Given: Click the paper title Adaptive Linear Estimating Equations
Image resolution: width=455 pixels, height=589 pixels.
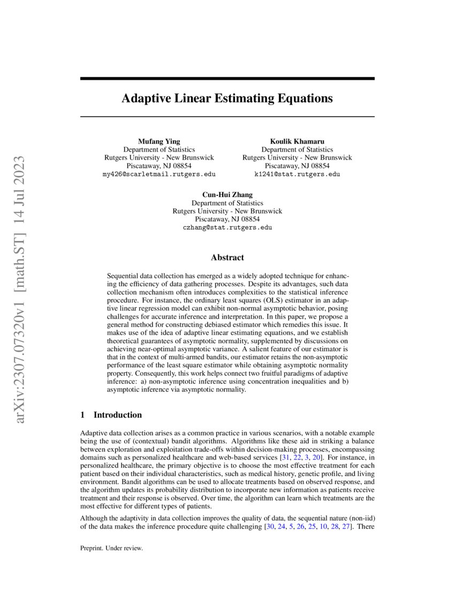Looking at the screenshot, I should [x=227, y=99].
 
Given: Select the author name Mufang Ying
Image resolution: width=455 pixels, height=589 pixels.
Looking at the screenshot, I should [x=159, y=141].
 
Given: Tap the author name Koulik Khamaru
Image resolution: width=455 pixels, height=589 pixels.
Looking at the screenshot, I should [x=297, y=141].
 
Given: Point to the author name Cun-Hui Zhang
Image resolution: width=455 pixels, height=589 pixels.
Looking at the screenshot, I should [x=227, y=194].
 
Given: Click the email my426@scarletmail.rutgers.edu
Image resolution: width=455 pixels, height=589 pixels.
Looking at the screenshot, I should [x=159, y=174].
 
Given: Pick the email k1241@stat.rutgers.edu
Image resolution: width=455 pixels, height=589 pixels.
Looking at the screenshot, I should [x=297, y=174].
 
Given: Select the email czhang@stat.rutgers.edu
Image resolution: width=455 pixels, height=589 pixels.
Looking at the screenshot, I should [x=227, y=228].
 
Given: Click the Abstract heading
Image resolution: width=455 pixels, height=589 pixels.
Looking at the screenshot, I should [x=227, y=258].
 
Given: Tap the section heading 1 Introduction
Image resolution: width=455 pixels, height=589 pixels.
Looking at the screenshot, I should [x=111, y=415].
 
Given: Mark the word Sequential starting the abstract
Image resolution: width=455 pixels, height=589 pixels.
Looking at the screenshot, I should [x=124, y=276].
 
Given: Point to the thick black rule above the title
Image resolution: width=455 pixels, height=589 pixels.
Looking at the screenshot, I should [x=227, y=79].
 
